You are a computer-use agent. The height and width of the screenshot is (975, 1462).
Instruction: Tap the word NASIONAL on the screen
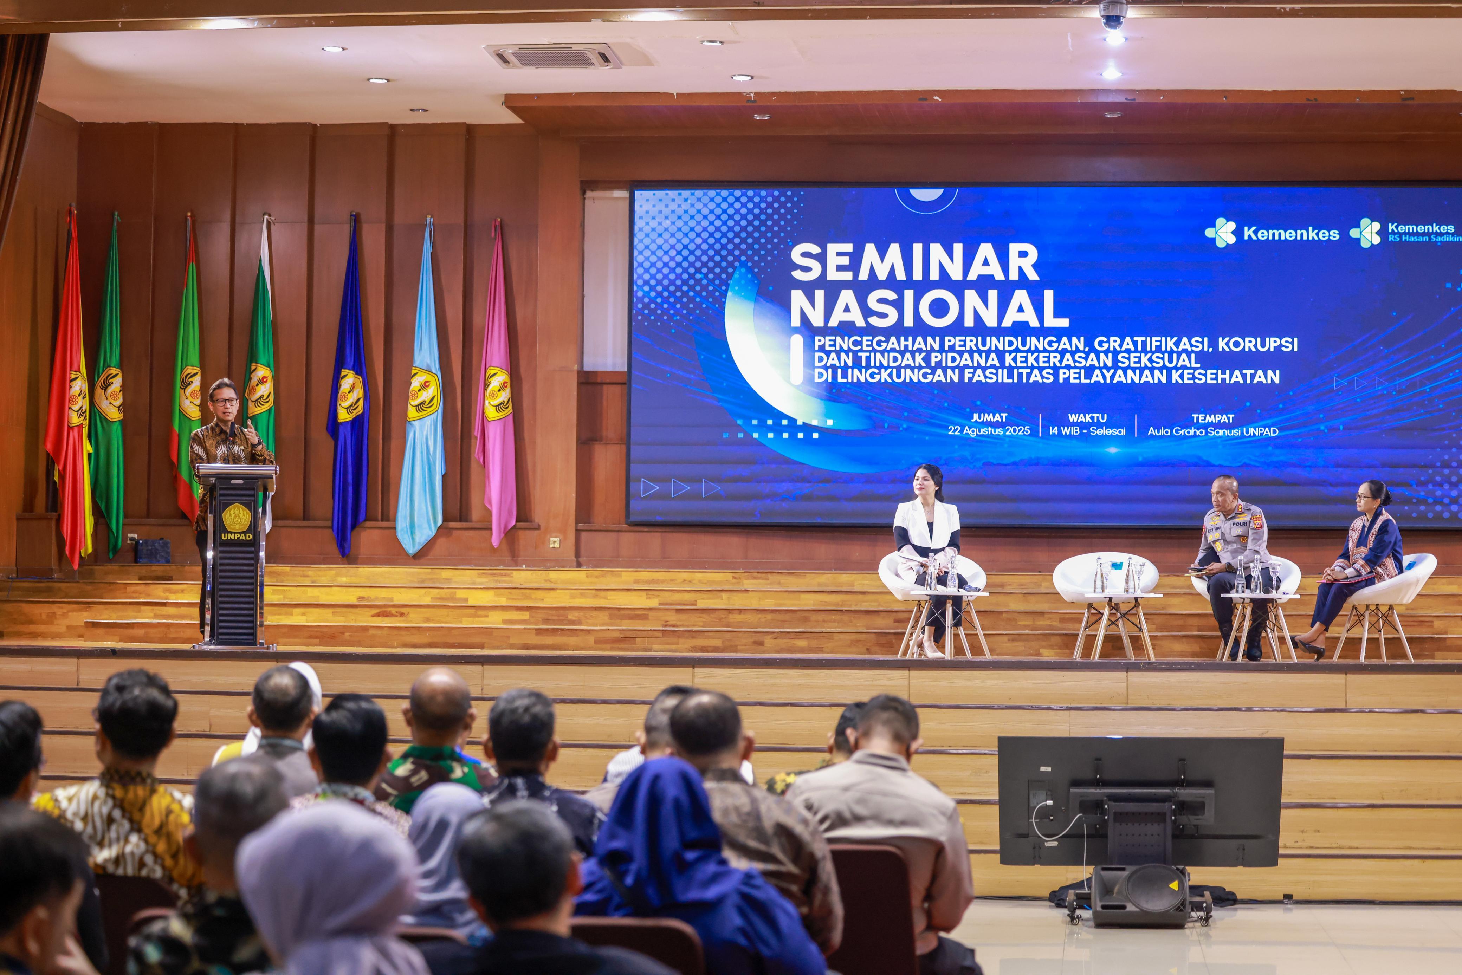click(x=929, y=308)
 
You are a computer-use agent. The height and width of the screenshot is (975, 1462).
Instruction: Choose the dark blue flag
click(x=349, y=389)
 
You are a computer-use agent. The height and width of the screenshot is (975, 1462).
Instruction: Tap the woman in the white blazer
click(x=930, y=553)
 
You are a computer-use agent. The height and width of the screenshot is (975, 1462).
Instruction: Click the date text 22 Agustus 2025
click(x=989, y=430)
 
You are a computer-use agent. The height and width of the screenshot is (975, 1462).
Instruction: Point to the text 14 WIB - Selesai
click(x=1087, y=431)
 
